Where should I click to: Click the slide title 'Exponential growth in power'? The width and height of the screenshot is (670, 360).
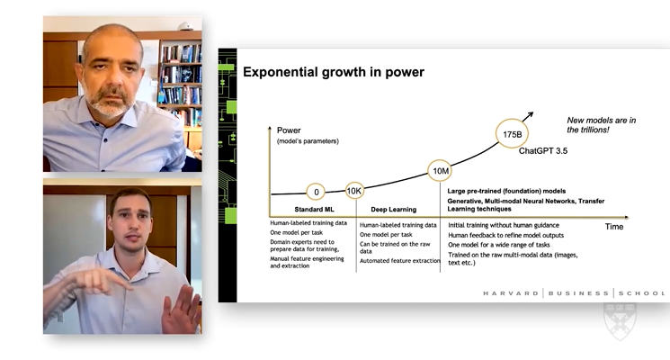pos(334,72)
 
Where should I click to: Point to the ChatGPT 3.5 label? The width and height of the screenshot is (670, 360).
pos(542,151)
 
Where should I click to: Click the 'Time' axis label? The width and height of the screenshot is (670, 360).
pos(614,227)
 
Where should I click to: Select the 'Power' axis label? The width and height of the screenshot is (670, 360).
pos(289,130)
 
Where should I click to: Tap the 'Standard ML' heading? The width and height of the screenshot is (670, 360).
pos(314,210)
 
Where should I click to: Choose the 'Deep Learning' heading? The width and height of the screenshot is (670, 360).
pos(394,210)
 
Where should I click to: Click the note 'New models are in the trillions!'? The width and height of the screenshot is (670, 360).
pos(602,125)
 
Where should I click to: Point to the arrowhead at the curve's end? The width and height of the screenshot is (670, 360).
pos(530,114)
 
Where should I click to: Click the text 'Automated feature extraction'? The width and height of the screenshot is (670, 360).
pos(399,260)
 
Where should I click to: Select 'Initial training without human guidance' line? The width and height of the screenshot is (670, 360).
pos(504,225)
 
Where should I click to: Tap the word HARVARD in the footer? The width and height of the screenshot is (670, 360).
pos(511,293)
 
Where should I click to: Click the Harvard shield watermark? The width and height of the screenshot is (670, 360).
pos(620,320)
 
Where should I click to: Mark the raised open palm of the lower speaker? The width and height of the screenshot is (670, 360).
pos(183,310)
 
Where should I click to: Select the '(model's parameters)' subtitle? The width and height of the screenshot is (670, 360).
pos(308,141)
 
